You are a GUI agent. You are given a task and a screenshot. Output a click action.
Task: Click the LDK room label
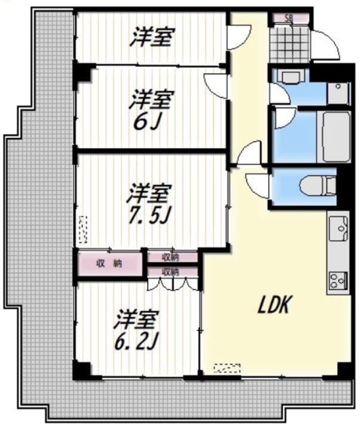click(x=273, y=305)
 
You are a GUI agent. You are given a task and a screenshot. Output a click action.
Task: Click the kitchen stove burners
click(x=339, y=280)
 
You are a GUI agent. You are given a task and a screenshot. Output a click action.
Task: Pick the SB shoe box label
click(x=289, y=19)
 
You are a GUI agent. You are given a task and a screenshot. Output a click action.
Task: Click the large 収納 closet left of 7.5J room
click(x=109, y=264)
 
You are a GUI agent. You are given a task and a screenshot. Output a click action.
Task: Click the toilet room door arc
click(x=257, y=185)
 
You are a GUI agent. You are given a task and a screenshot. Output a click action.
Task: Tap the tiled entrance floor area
click(x=290, y=44)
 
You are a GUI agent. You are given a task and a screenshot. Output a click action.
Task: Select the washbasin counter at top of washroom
click(x=291, y=76)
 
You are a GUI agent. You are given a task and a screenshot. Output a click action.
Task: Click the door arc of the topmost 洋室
click(x=239, y=37)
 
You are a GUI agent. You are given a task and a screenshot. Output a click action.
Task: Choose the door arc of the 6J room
click(x=216, y=85)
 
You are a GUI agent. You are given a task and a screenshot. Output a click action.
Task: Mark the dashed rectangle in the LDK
click(x=227, y=368)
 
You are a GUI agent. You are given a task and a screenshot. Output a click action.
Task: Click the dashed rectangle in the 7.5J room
click(x=83, y=229)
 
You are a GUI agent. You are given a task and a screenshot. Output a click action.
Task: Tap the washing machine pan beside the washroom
click(x=339, y=93)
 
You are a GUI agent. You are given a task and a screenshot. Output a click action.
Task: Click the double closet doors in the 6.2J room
click(x=173, y=284)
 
